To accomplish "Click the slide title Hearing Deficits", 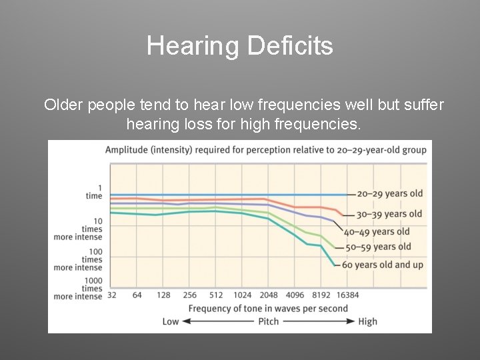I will [239, 46].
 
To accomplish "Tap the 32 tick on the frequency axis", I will [111, 295].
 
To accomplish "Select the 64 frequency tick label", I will [137, 295].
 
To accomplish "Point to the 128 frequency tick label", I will [163, 295].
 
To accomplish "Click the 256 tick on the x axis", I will [189, 295].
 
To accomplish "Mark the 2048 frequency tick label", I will [268, 295].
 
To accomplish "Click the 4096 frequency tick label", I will [294, 295].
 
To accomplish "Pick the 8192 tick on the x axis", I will [321, 295].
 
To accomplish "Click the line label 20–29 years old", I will [389, 194].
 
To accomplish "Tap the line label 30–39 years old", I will [389, 214].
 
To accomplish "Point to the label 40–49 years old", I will [377, 232].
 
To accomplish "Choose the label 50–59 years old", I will [378, 247].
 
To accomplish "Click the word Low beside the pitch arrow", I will [171, 321].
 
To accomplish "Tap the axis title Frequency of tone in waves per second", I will [268, 308].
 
